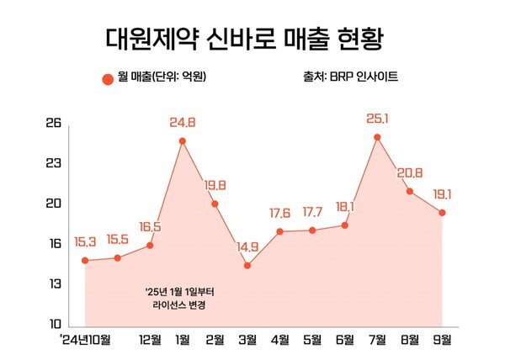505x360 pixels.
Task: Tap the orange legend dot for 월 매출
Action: (x=107, y=79)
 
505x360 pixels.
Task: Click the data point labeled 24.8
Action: (x=182, y=141)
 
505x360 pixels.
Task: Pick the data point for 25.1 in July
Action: (x=377, y=137)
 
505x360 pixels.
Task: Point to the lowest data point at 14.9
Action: (x=247, y=266)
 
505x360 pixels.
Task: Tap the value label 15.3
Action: (x=86, y=243)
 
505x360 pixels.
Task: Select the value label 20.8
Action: (x=410, y=172)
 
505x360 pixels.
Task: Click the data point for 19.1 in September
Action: (x=442, y=213)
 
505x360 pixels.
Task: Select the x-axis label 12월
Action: (x=150, y=340)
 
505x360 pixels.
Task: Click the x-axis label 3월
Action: (x=247, y=340)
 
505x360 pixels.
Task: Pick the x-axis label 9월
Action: (x=442, y=340)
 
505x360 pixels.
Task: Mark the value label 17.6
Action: (x=279, y=213)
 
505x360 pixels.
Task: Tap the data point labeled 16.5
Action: (x=150, y=245)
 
